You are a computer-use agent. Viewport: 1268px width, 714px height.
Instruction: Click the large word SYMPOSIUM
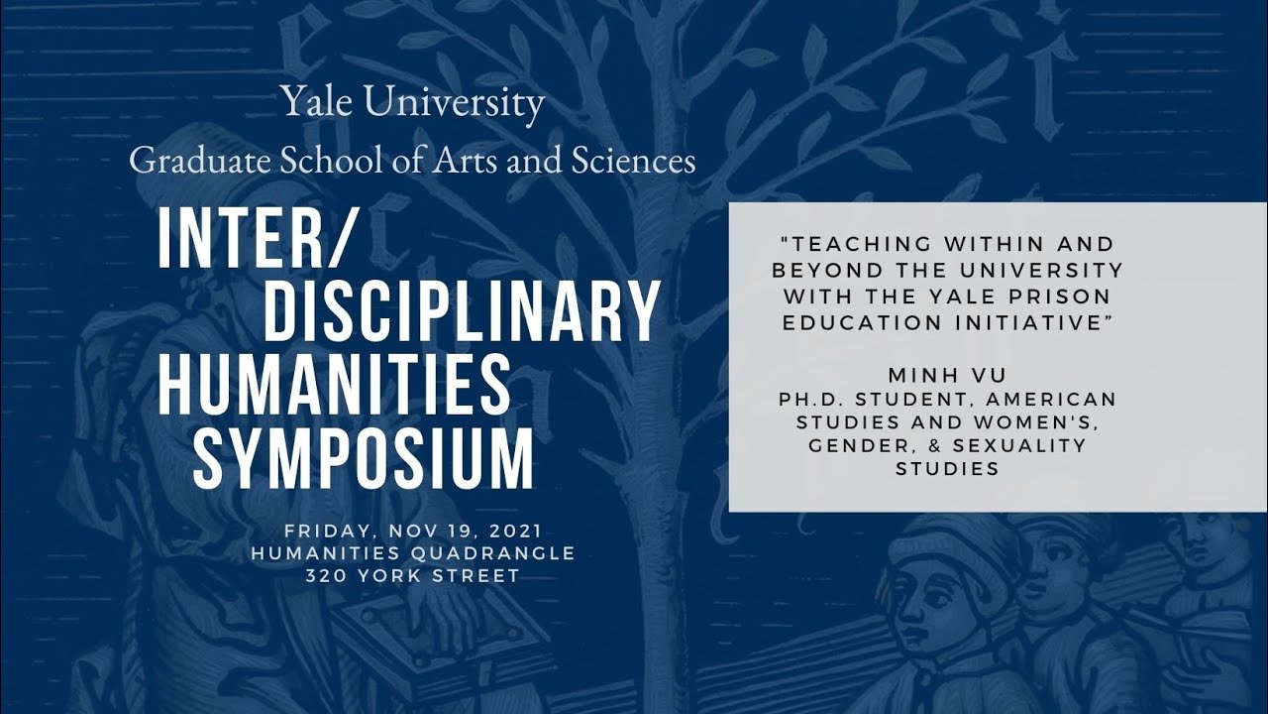(x=364, y=459)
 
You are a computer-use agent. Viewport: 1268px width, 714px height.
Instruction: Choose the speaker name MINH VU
(x=947, y=375)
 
